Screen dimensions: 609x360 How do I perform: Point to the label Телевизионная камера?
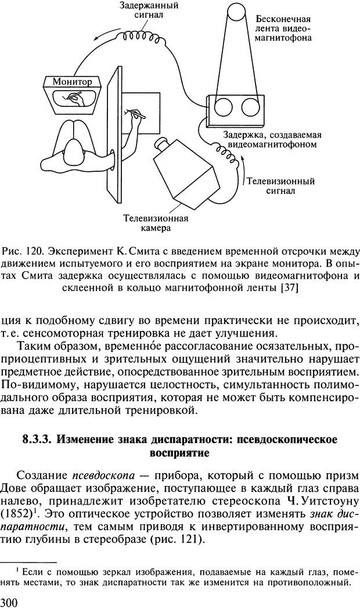coord(156,224)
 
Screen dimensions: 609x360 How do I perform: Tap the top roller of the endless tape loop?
coord(237,12)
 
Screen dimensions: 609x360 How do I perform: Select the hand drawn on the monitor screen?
coord(75,96)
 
